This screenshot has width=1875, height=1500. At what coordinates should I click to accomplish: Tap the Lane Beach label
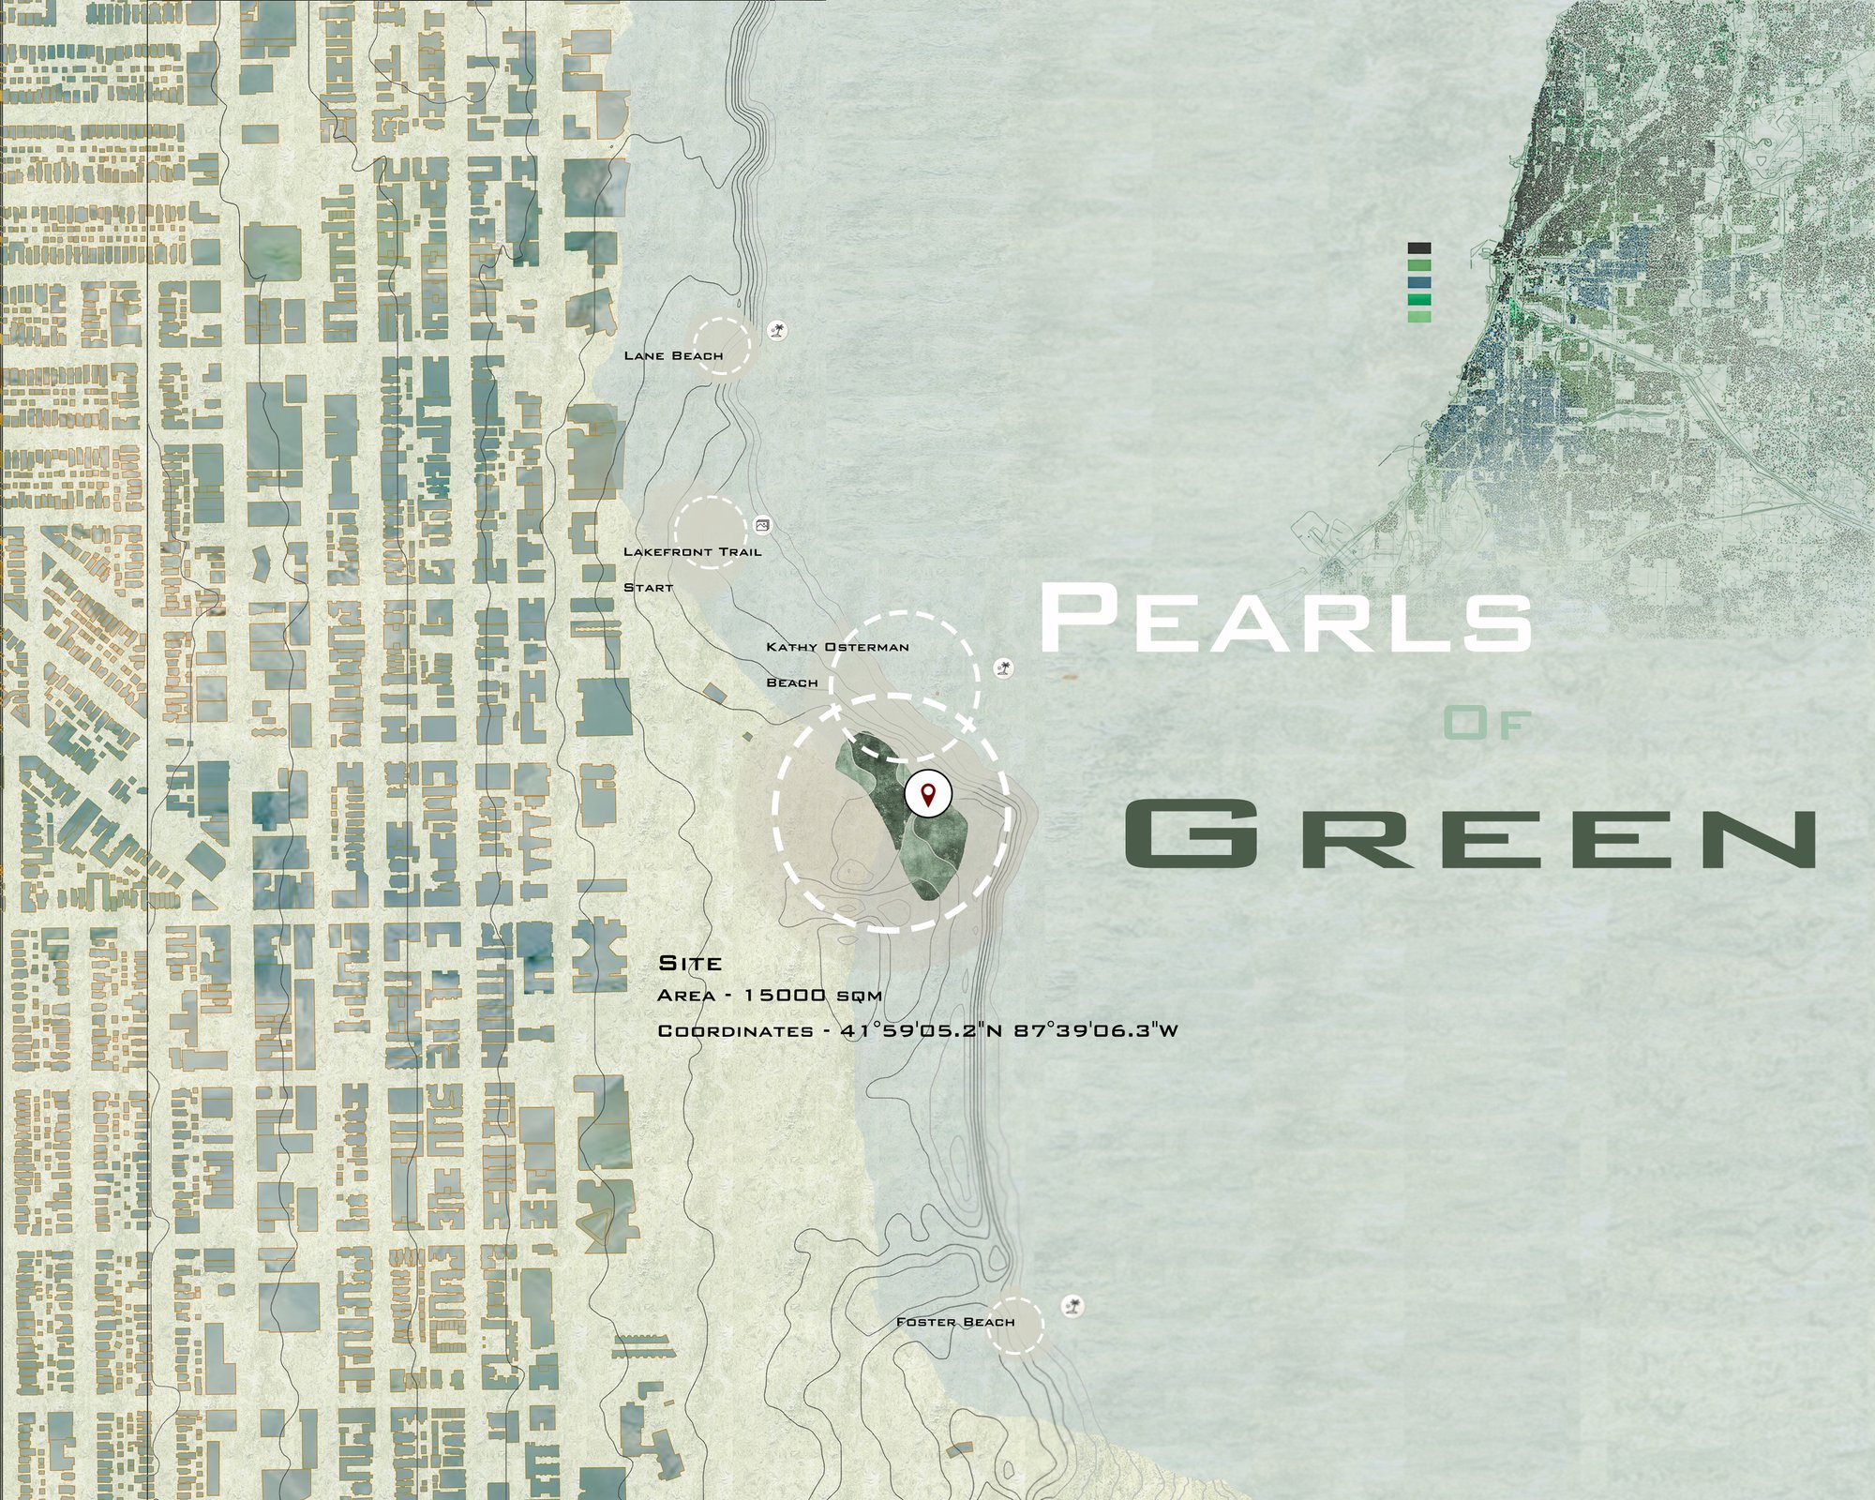(x=673, y=356)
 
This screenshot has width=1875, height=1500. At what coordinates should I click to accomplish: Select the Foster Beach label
(x=954, y=1322)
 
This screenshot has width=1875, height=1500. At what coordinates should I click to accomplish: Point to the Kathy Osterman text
(x=837, y=647)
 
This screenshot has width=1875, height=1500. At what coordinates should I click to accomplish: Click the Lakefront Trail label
(x=692, y=552)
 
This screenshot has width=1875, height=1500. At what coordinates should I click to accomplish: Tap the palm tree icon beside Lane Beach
(x=777, y=329)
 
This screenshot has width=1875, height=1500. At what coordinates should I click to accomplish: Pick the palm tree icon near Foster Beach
(x=1072, y=1306)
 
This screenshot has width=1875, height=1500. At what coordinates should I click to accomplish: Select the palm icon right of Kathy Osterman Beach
(x=1004, y=668)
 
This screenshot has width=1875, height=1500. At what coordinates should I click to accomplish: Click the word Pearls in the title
(x=1284, y=619)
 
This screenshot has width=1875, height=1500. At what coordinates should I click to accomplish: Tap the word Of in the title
(x=1486, y=724)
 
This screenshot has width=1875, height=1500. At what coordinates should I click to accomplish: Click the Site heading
(x=690, y=964)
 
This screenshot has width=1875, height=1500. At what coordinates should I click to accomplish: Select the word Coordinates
(x=735, y=1031)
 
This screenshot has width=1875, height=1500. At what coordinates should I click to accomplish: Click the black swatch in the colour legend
(x=1419, y=248)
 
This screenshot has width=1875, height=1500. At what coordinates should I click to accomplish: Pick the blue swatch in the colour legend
(x=1419, y=283)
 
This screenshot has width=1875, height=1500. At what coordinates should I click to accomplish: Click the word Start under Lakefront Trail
(x=649, y=588)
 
